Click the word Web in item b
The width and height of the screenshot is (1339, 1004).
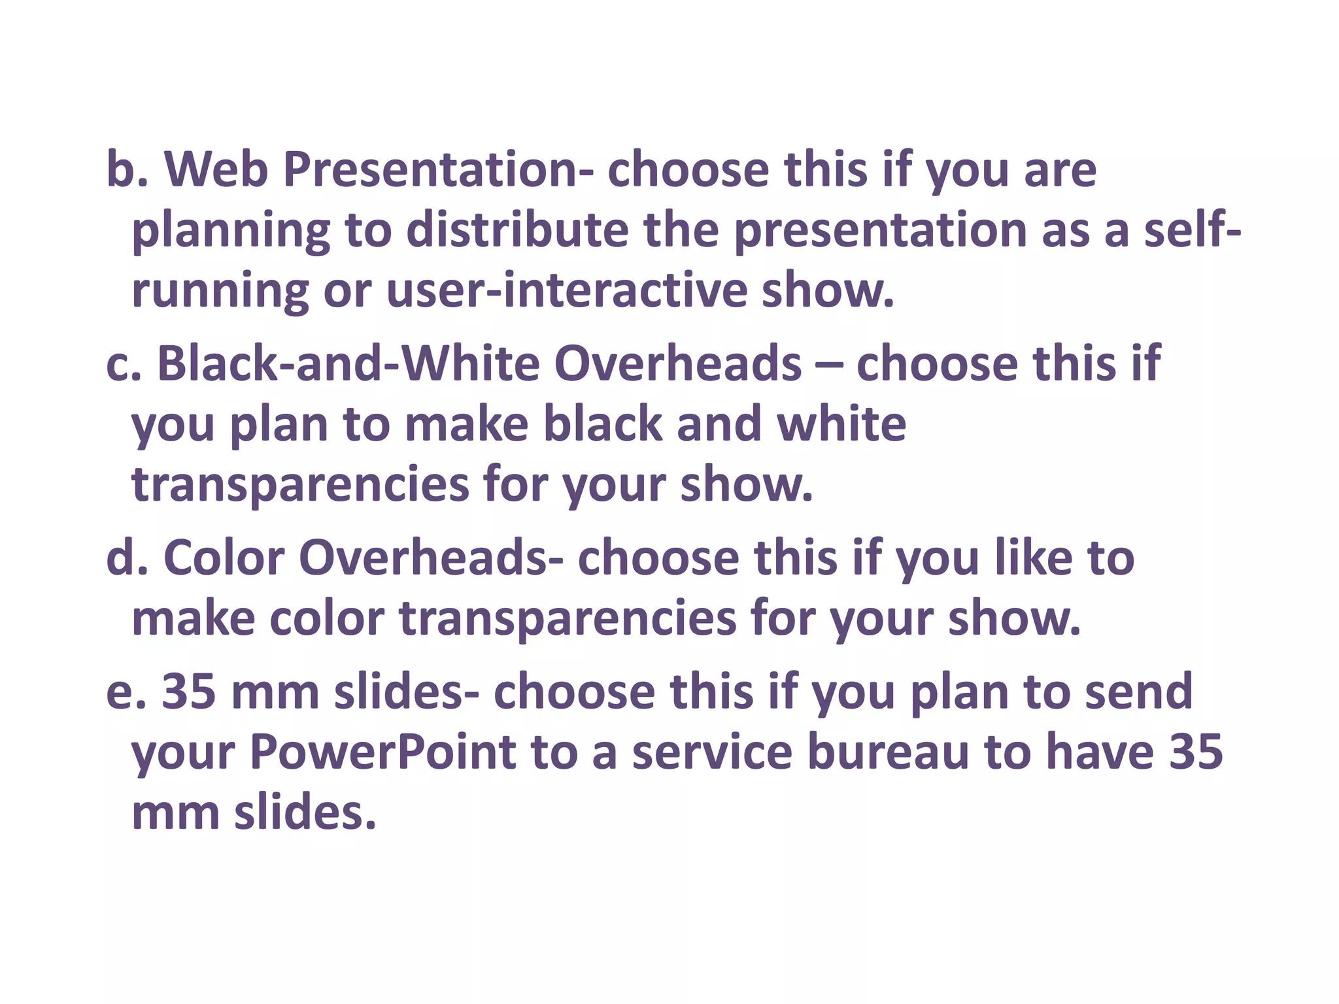pos(216,170)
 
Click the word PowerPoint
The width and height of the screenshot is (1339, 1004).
pos(382,752)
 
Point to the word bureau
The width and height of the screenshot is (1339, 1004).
pos(888,752)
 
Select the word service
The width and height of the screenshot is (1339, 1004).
pos(712,752)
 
